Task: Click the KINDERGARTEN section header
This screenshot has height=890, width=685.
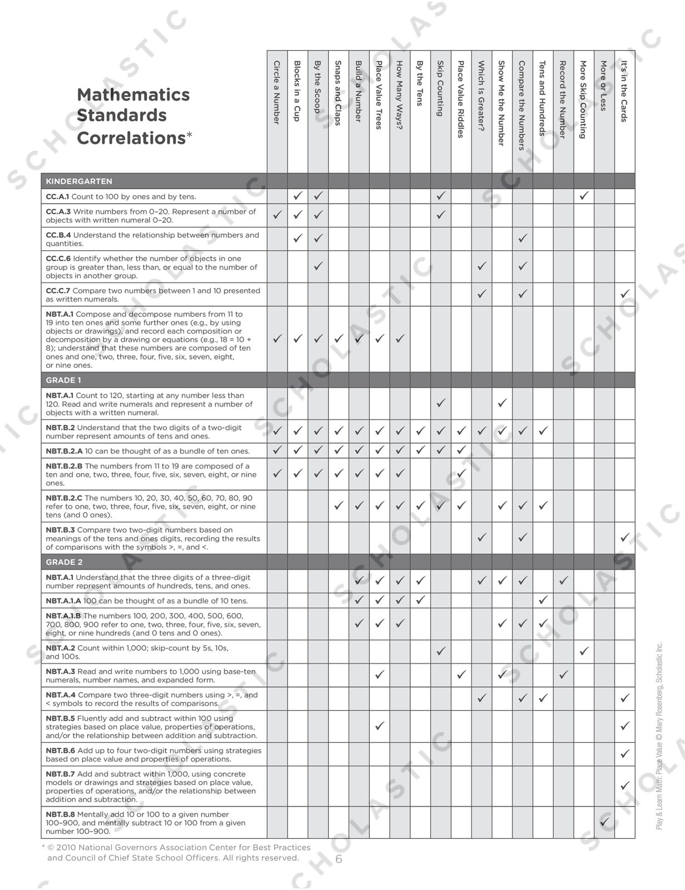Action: [x=79, y=181]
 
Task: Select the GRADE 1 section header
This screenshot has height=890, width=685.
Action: [x=63, y=380]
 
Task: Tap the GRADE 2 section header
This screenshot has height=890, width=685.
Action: [x=64, y=562]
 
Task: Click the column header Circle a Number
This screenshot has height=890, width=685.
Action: [x=277, y=92]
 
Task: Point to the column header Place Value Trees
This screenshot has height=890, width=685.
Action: [x=379, y=95]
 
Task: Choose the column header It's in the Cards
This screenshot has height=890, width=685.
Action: [x=624, y=91]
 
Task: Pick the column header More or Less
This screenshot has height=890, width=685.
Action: [x=604, y=86]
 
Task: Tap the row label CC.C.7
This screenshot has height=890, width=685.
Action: [x=58, y=291]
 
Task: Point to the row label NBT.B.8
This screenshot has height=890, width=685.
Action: [x=61, y=814]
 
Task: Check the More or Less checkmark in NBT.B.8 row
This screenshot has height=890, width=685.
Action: [x=604, y=821]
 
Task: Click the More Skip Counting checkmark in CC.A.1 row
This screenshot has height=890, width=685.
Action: [x=584, y=196]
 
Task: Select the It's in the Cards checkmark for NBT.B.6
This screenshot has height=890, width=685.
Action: [x=625, y=754]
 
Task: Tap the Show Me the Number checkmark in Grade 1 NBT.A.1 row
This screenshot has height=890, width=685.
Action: [x=502, y=402]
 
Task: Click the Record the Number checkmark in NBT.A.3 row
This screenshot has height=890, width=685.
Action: [x=563, y=675]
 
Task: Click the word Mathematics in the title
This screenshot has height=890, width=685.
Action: [x=133, y=95]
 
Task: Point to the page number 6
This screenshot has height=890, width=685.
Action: [x=339, y=859]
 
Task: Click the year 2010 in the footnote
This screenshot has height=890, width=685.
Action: [x=66, y=848]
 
